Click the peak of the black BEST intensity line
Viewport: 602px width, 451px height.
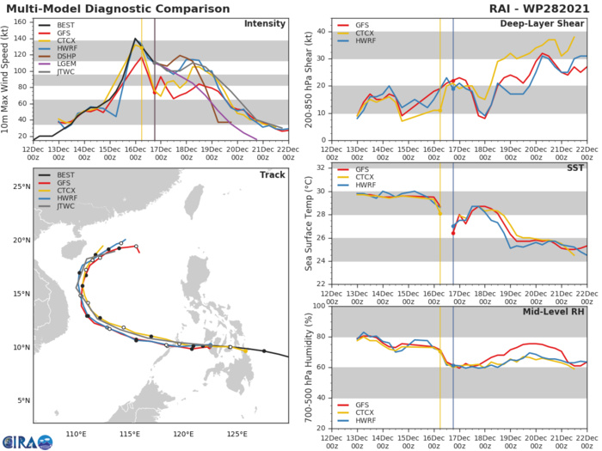[x=135, y=40]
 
